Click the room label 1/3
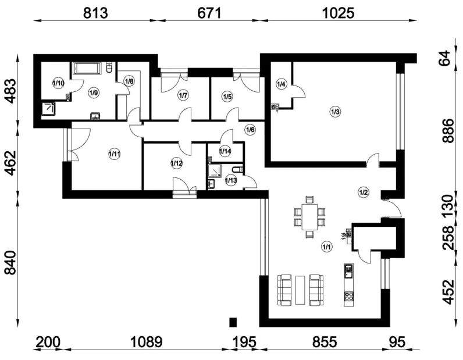336,112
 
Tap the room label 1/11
114,154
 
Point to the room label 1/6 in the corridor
250,130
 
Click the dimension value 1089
147,343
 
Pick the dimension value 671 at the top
209,13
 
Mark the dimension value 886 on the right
448,131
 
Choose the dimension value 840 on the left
10,262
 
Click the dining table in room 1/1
309,217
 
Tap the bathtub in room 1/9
87,69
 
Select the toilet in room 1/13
238,170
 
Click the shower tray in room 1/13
215,171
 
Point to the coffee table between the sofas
300,290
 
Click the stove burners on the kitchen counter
349,295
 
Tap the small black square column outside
233,322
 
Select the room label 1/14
225,151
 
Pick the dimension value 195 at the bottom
245,343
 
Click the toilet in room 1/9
109,67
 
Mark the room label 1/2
364,193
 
